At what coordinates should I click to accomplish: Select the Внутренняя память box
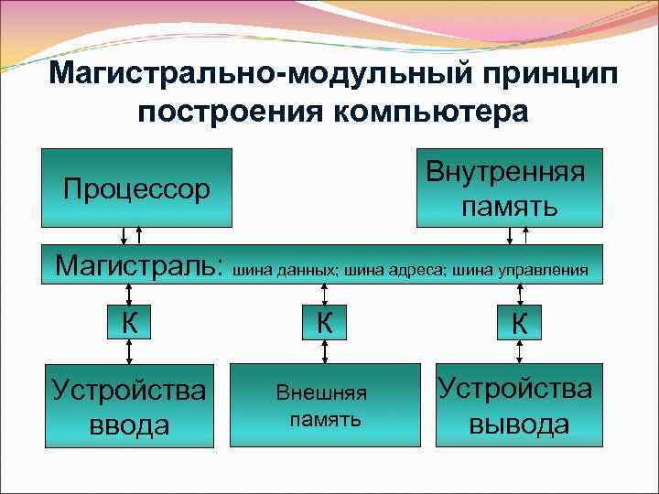point(510,188)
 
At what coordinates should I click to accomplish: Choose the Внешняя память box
point(321,405)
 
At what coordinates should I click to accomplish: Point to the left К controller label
point(131,322)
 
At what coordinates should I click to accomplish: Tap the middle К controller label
point(324,322)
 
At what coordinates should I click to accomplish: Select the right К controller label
point(519,322)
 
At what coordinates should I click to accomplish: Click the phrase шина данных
point(286,271)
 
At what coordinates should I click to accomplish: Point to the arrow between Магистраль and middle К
point(324,295)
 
